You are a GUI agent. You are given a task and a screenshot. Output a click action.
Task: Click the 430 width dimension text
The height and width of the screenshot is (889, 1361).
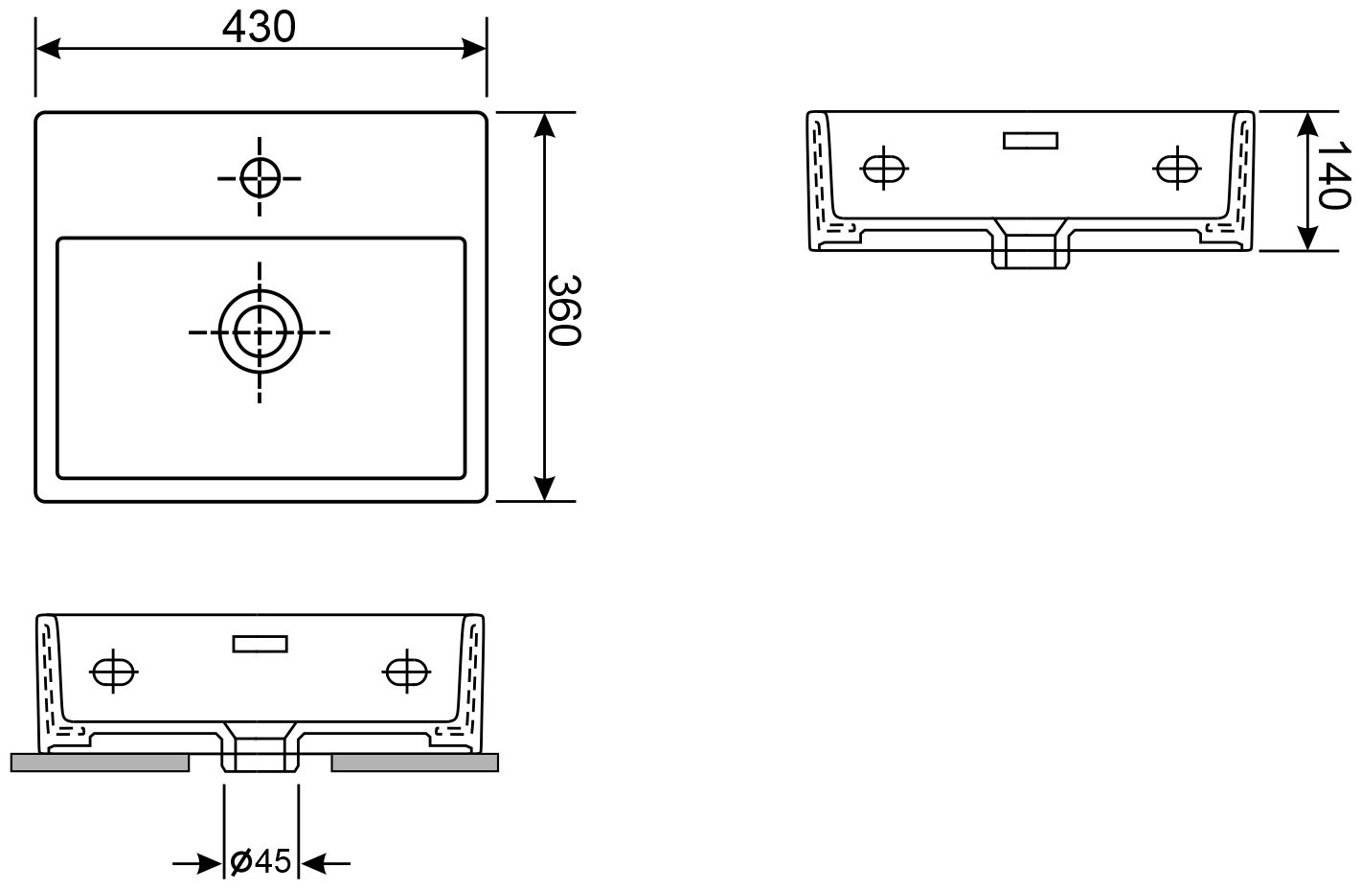click(x=259, y=28)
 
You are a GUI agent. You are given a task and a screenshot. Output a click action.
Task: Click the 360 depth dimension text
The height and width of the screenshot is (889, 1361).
click(x=564, y=309)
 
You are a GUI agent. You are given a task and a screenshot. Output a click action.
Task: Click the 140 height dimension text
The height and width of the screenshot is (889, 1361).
click(x=1332, y=174)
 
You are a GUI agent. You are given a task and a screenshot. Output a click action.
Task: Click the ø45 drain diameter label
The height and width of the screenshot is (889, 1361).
click(x=261, y=861)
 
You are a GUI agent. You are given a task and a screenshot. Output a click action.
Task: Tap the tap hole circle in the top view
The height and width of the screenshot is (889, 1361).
click(x=261, y=178)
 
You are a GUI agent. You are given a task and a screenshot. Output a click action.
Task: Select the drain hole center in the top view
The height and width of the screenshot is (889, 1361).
click(x=261, y=331)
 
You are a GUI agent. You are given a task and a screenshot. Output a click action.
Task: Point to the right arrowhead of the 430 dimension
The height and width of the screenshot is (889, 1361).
click(x=474, y=49)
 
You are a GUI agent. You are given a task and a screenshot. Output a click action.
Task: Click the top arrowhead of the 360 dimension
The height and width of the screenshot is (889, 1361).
click(x=544, y=125)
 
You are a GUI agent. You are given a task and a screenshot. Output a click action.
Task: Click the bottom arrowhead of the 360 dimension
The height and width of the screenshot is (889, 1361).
click(x=544, y=489)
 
